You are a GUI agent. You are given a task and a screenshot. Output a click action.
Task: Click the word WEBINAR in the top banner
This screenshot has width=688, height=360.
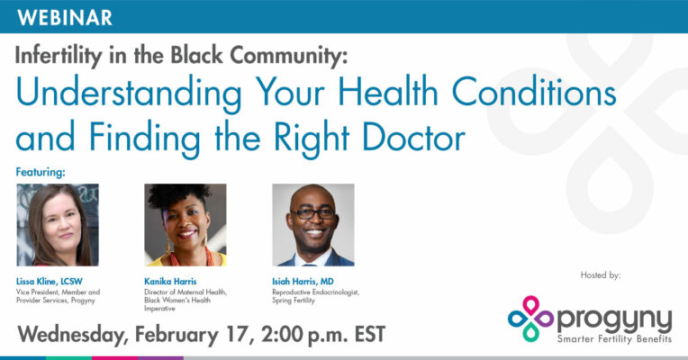pos(65,17)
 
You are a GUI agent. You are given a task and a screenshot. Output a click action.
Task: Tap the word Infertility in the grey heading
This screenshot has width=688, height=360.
pos(59,56)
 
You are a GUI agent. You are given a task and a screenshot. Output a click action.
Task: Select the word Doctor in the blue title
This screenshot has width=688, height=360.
pos(413,137)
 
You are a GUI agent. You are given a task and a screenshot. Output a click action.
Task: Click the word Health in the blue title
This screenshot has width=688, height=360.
pos(388,92)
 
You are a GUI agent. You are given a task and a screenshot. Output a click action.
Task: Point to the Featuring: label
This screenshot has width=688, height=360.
pos(41,172)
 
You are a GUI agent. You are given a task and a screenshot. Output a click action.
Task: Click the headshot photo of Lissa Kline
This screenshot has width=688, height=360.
pos(58,225)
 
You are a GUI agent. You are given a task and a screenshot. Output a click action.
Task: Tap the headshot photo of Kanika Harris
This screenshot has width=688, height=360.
pos(186,225)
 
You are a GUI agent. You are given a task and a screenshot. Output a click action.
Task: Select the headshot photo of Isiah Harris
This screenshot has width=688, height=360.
pos(313,225)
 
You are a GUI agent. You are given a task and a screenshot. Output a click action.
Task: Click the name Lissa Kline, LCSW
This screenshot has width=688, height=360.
pos(50,282)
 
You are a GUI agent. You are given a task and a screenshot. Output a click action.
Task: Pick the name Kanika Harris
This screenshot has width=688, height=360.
pos(170,282)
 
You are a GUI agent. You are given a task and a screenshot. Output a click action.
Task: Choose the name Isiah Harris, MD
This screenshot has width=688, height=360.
pos(303,282)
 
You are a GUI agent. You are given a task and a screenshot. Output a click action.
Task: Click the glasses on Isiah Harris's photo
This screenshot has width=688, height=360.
pos(313,213)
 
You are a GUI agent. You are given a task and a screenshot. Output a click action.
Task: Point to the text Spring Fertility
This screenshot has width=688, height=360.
pos(293,301)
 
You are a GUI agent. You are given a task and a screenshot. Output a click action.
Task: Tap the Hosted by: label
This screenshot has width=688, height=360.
pos(601,275)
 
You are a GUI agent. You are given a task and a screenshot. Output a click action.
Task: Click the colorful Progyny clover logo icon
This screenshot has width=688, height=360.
pos(530,319)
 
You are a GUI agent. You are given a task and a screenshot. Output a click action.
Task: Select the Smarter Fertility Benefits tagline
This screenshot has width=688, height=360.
pos(614,339)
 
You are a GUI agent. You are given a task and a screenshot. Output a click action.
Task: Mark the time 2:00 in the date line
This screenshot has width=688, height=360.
pos(281,334)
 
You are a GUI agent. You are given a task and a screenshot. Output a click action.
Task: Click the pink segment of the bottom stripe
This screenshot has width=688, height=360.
pos(115,358)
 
